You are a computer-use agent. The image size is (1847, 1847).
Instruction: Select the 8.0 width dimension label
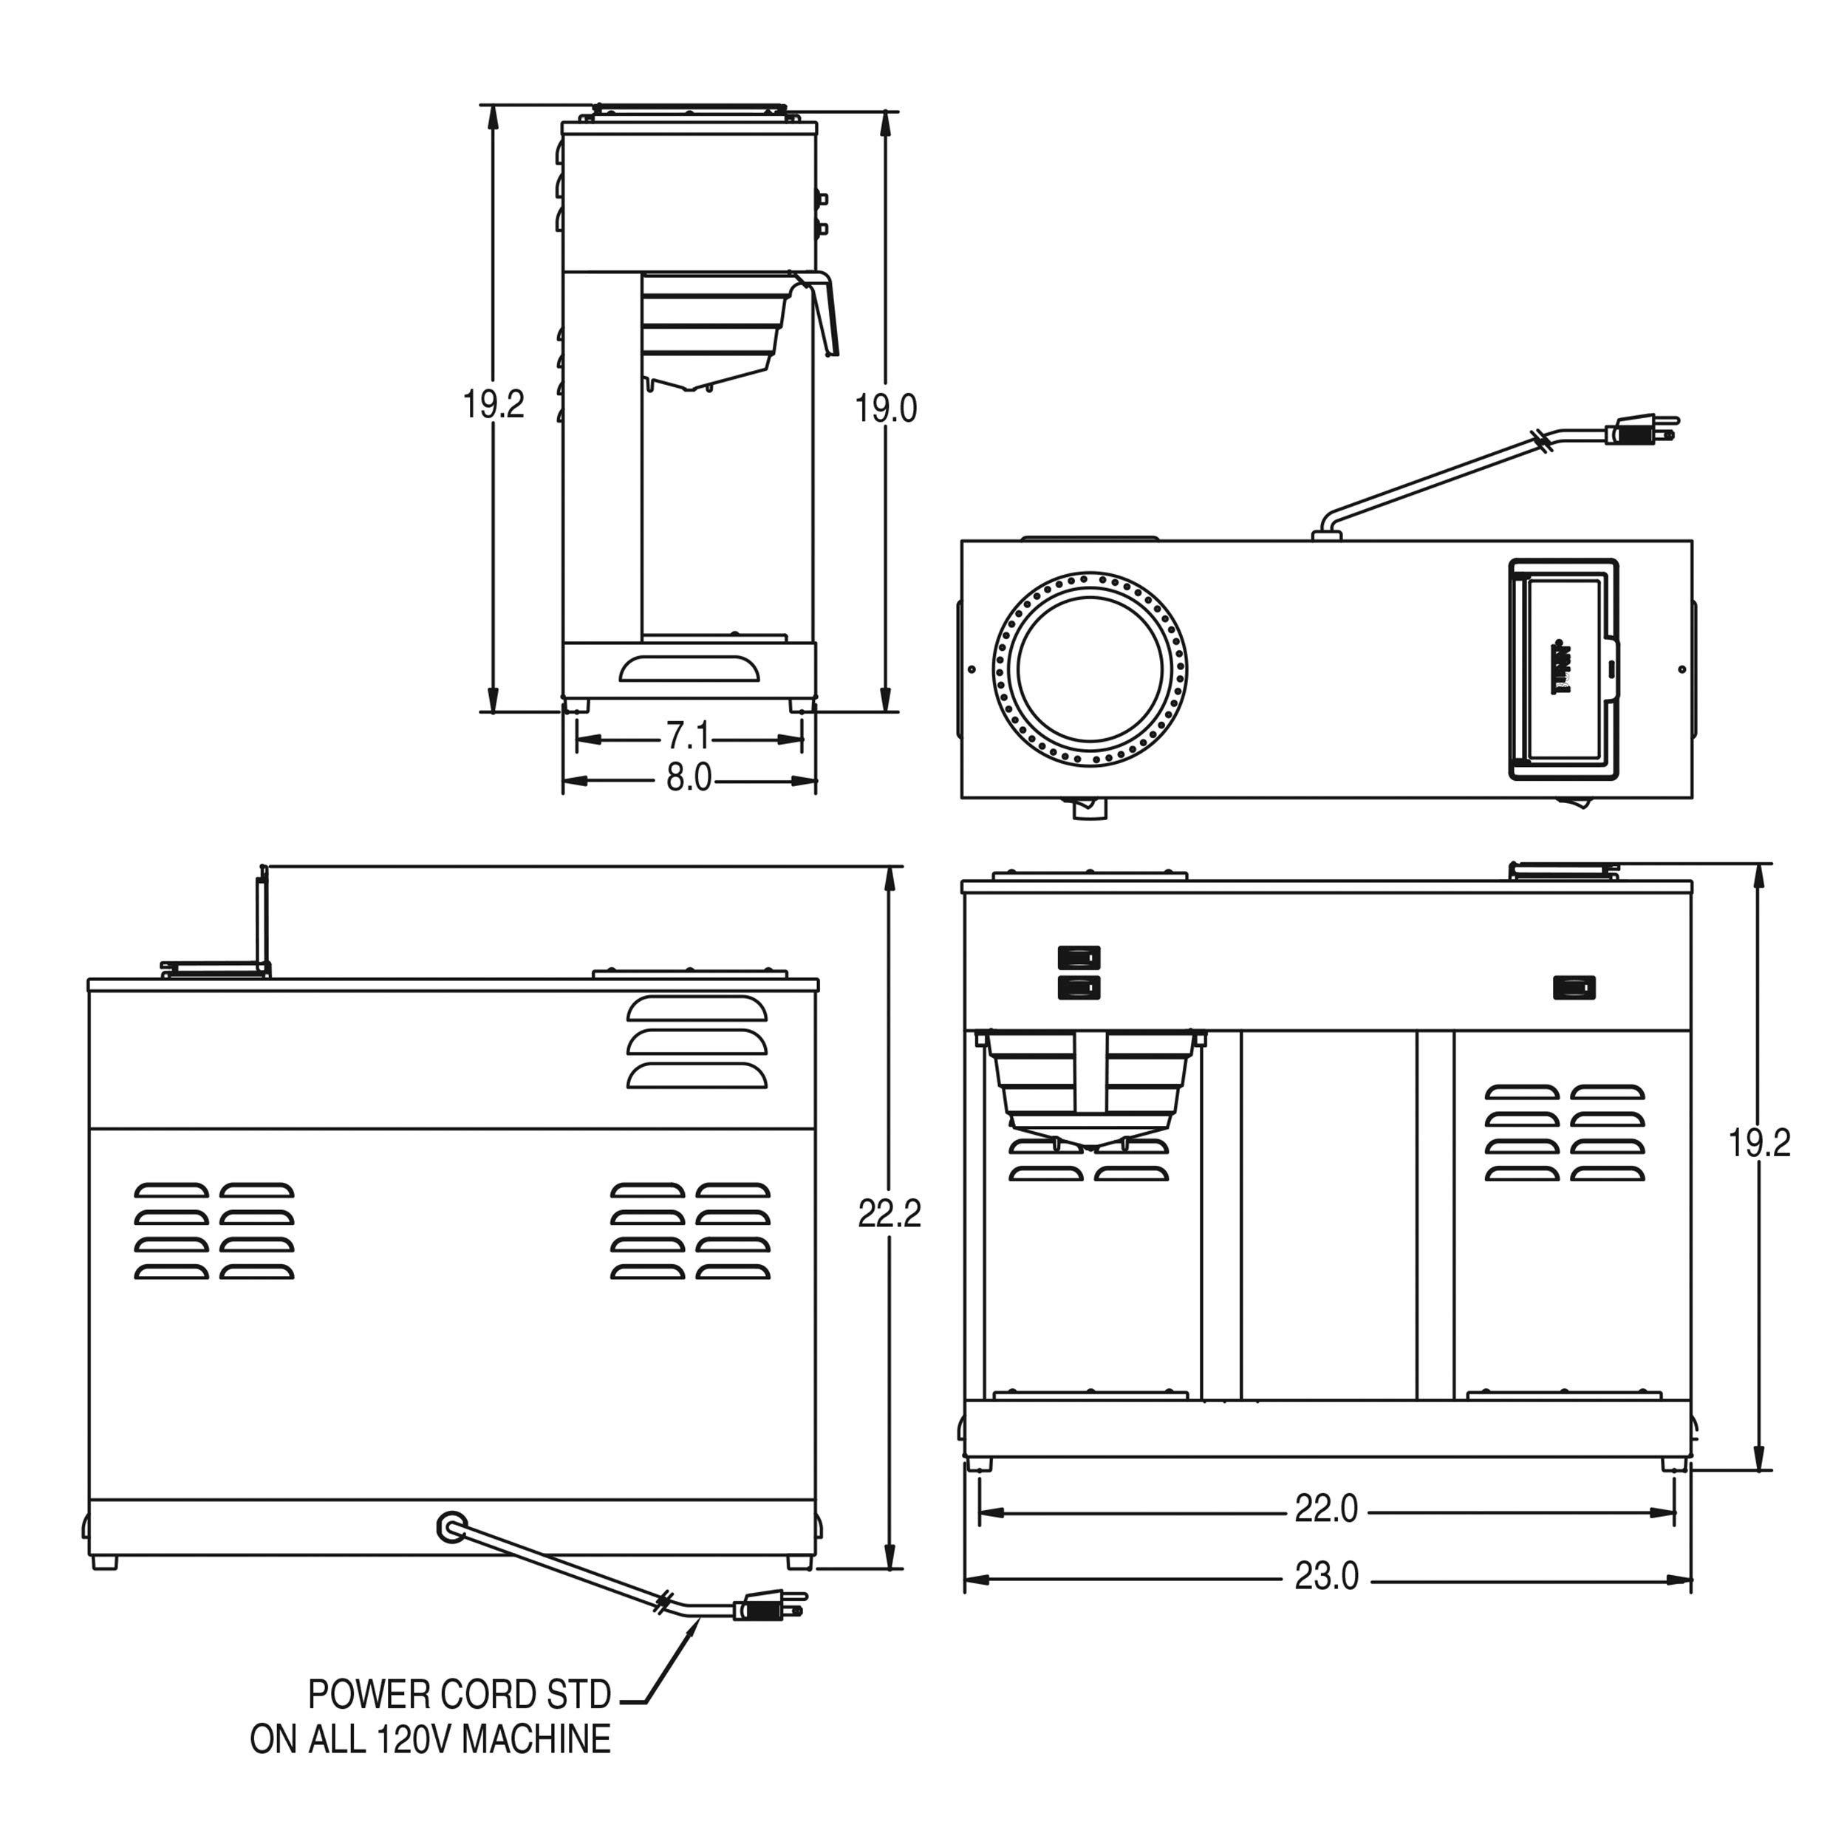click(x=689, y=778)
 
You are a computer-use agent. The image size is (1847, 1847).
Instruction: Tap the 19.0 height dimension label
click(x=885, y=409)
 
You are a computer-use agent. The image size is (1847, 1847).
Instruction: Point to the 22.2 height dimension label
click(x=889, y=1214)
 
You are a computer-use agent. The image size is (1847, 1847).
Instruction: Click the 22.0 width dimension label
click(x=1326, y=1509)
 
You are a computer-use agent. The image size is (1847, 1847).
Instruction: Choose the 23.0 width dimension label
click(x=1326, y=1577)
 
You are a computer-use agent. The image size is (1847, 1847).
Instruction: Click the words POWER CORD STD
click(x=459, y=1695)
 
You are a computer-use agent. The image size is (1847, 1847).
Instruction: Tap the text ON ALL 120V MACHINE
click(x=430, y=1739)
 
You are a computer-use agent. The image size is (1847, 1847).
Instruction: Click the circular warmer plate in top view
click(x=1090, y=669)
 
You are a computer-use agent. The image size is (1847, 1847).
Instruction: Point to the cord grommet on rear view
click(x=449, y=1527)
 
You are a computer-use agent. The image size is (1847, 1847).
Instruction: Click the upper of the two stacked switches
click(x=1079, y=957)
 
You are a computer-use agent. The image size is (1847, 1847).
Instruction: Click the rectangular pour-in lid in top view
click(x=1563, y=669)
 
